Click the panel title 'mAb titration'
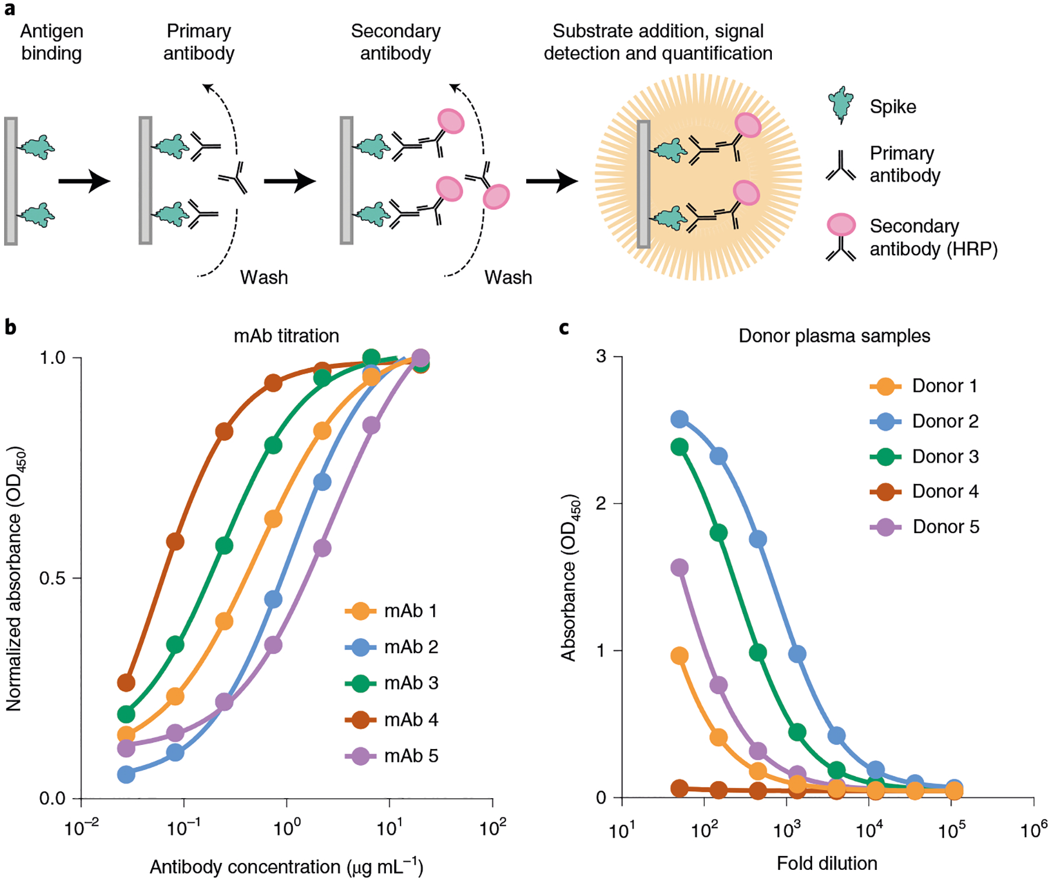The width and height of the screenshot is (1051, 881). [x=286, y=336]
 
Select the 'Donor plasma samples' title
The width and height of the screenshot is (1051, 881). [x=834, y=336]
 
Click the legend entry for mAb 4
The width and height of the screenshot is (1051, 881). [x=392, y=719]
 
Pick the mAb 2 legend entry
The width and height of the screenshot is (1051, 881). [x=392, y=647]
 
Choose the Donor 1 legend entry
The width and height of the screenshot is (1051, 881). [x=923, y=386]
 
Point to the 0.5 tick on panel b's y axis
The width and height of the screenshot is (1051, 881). [x=52, y=578]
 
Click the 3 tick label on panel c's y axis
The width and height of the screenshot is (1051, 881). [x=601, y=356]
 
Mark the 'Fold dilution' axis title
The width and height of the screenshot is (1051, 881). [x=827, y=863]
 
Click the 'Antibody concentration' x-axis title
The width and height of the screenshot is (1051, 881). [x=286, y=867]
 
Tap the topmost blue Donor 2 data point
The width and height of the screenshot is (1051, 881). [x=679, y=419]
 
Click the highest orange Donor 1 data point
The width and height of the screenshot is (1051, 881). [x=679, y=656]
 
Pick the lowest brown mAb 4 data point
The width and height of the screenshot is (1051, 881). [x=126, y=682]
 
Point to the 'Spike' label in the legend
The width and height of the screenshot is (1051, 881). [x=893, y=107]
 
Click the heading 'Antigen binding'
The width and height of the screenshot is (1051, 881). [x=51, y=42]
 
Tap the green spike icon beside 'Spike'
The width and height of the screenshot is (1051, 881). [x=840, y=105]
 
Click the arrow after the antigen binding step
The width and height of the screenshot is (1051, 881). [x=85, y=181]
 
